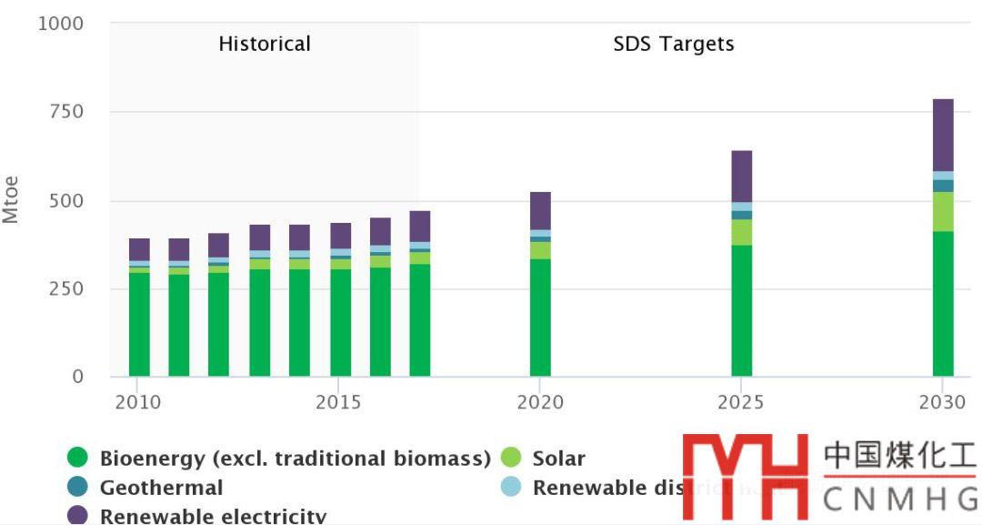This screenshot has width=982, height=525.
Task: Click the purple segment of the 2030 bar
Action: (x=943, y=135)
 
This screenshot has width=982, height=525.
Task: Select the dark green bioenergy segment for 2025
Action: (x=742, y=310)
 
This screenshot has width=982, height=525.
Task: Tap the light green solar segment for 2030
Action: (x=943, y=211)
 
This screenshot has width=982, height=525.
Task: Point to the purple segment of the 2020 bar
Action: (x=540, y=210)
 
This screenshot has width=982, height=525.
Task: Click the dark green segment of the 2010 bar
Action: (x=139, y=324)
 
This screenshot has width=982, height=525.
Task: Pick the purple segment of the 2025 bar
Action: (x=742, y=176)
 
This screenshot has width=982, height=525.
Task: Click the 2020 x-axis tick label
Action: (x=540, y=402)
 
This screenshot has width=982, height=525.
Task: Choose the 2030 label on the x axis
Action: (x=942, y=402)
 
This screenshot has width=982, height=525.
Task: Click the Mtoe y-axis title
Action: (x=11, y=199)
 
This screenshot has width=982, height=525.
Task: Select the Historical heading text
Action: (x=265, y=44)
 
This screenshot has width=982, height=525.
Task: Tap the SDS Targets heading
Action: (x=673, y=44)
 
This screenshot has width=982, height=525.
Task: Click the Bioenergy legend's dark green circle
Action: (x=78, y=459)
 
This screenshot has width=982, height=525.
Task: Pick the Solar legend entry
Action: (x=558, y=459)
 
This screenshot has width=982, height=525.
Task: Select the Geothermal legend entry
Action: (x=160, y=488)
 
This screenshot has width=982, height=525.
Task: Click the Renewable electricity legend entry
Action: (x=212, y=516)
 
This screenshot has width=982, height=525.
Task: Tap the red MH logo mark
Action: (x=746, y=476)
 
